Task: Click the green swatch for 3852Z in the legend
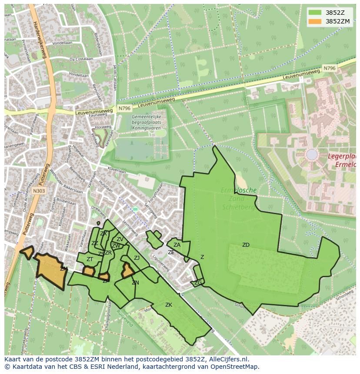[316, 12]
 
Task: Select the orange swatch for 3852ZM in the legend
[316, 21]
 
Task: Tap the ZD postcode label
[246, 245]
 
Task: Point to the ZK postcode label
[169, 305]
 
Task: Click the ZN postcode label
[135, 283]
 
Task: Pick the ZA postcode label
[177, 245]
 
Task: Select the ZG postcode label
[198, 283]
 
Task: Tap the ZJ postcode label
[137, 258]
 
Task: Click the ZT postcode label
[90, 259]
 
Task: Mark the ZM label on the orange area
[63, 269]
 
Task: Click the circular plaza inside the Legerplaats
[312, 154]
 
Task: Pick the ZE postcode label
[171, 252]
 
